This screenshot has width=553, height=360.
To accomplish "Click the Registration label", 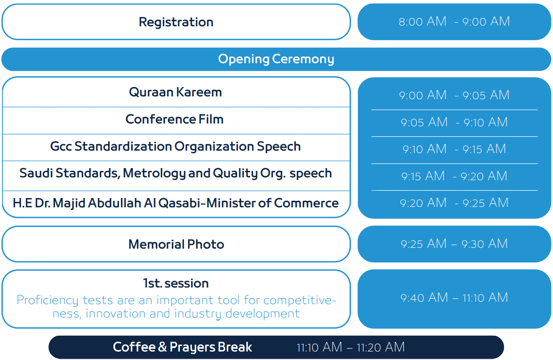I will pos(176,22).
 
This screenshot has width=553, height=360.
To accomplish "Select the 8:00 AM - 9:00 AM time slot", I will pos(454,21).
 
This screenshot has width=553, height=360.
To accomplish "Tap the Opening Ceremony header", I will pos(276,59).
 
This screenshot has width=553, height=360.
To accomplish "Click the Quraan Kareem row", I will pos(175,92).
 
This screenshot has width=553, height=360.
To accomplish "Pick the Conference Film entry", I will pos(174,119).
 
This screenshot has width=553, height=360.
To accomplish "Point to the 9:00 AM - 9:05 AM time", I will pos(454,95).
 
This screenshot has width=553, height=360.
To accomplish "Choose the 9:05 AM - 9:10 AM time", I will pos(454,122).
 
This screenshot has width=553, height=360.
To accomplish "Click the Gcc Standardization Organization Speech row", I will pos(175,146).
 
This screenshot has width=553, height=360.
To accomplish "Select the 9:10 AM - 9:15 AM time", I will pos(454,149).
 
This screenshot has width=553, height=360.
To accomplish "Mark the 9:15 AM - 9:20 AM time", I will pos(454,176).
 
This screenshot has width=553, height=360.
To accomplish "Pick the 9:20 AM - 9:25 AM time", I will pos(454,203).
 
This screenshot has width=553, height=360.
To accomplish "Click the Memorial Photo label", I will pos(176,245).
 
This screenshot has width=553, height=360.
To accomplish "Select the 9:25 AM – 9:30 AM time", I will pos(454,244).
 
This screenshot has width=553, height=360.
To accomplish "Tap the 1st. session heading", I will pos(176,283).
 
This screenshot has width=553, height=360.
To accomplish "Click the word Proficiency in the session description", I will pos(47,300).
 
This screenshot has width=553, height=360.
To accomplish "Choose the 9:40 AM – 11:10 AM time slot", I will pos(454,298).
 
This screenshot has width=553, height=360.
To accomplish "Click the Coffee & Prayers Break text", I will pos(183,347).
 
